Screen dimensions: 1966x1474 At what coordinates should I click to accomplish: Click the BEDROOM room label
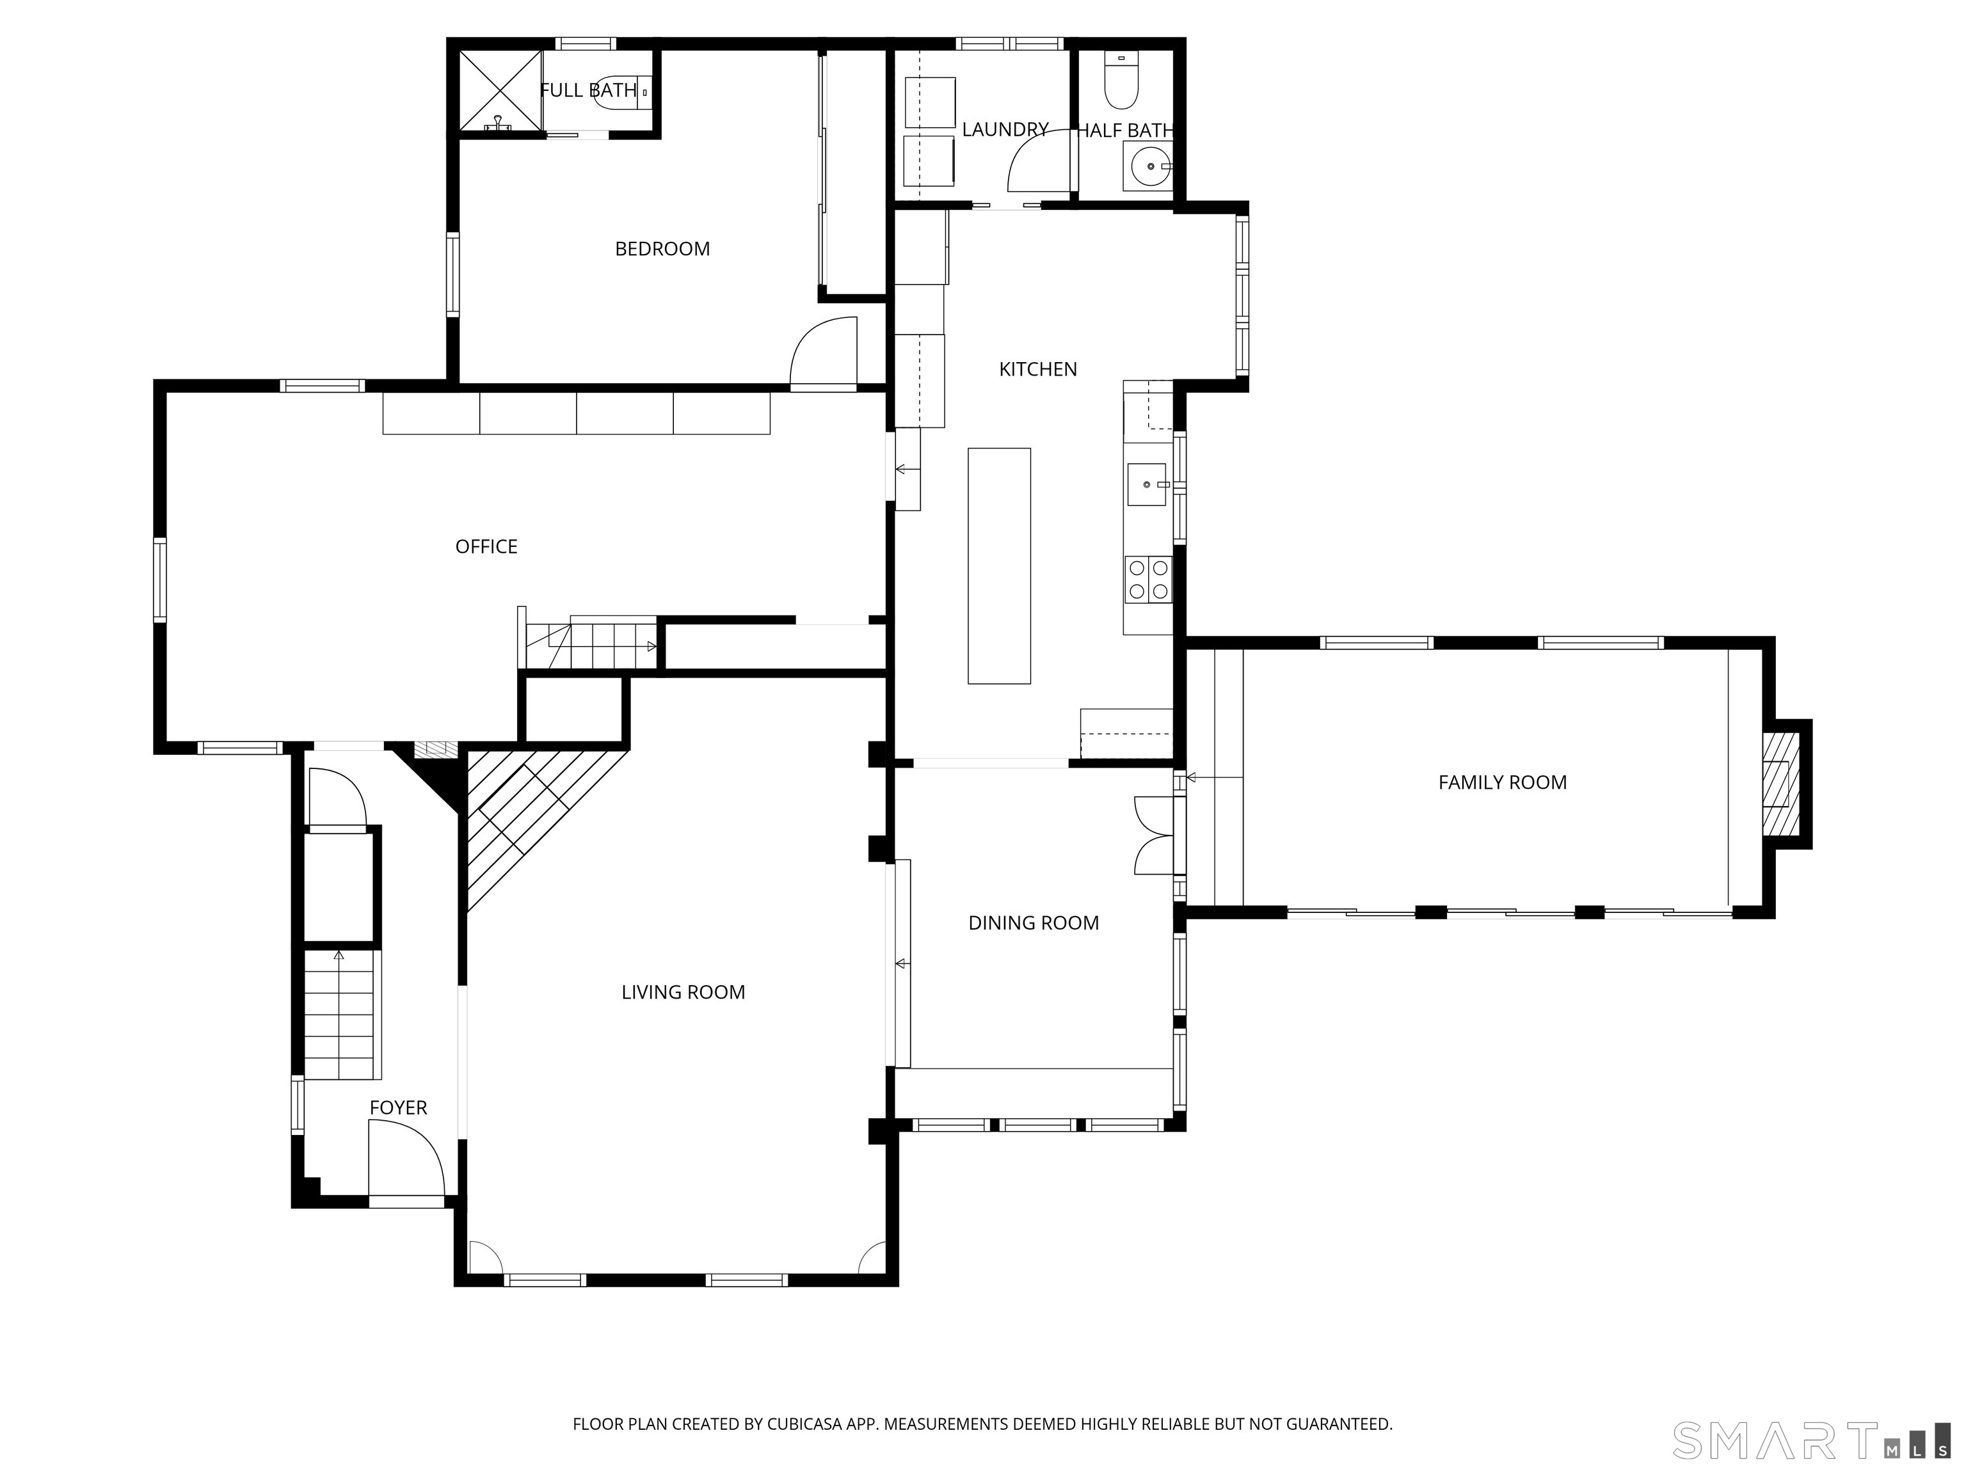click(662, 249)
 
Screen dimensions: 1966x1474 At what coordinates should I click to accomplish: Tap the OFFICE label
click(486, 546)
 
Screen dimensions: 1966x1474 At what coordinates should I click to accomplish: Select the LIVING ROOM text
click(683, 992)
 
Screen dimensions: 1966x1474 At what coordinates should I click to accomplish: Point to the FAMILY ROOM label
click(1502, 783)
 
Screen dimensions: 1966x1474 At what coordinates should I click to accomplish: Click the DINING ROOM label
click(1034, 923)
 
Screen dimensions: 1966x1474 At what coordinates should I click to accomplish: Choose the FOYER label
click(398, 1108)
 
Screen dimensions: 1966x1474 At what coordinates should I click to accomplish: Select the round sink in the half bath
click(1150, 166)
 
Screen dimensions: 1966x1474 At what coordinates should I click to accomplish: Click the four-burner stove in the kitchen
click(1148, 579)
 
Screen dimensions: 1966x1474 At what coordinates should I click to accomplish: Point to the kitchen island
click(999, 566)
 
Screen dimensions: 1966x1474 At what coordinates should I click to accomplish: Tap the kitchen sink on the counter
click(1147, 484)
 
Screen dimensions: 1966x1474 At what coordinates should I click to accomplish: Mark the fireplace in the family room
click(1782, 784)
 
